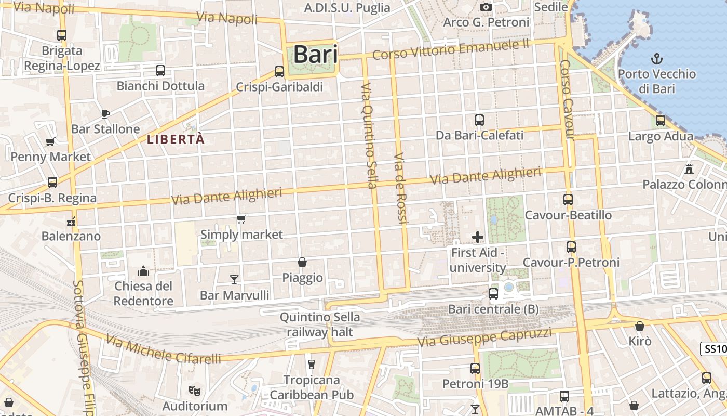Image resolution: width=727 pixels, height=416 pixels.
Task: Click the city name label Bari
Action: pos(316,55)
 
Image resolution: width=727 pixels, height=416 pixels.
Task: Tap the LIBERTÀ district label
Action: pos(176,139)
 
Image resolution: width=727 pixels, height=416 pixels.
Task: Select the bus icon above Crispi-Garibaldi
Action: pos(279,72)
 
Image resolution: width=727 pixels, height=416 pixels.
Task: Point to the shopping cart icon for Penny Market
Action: pos(50,141)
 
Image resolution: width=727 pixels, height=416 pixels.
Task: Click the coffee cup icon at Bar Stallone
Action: pos(105,113)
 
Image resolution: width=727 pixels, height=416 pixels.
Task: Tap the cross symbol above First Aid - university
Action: pos(478,237)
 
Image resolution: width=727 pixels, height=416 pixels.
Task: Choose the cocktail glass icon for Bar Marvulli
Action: pos(234,280)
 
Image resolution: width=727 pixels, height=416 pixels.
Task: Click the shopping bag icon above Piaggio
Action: pos(302,262)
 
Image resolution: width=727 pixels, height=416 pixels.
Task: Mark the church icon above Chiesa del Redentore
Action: pos(143,271)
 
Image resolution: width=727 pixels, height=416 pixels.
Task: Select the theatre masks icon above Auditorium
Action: pos(194,390)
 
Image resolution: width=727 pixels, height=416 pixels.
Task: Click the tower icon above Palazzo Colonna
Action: pos(689,169)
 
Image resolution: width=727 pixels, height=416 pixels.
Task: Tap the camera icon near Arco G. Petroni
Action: pos(486,7)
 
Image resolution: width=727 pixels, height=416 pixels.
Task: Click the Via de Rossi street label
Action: pos(400,188)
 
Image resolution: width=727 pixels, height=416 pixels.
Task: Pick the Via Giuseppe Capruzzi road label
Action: pos(485,337)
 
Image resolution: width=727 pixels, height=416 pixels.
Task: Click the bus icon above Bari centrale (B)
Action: pos(493,294)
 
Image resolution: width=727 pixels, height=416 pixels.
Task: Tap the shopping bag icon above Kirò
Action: pos(640,326)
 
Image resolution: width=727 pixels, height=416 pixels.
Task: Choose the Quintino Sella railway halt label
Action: pos(320,324)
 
